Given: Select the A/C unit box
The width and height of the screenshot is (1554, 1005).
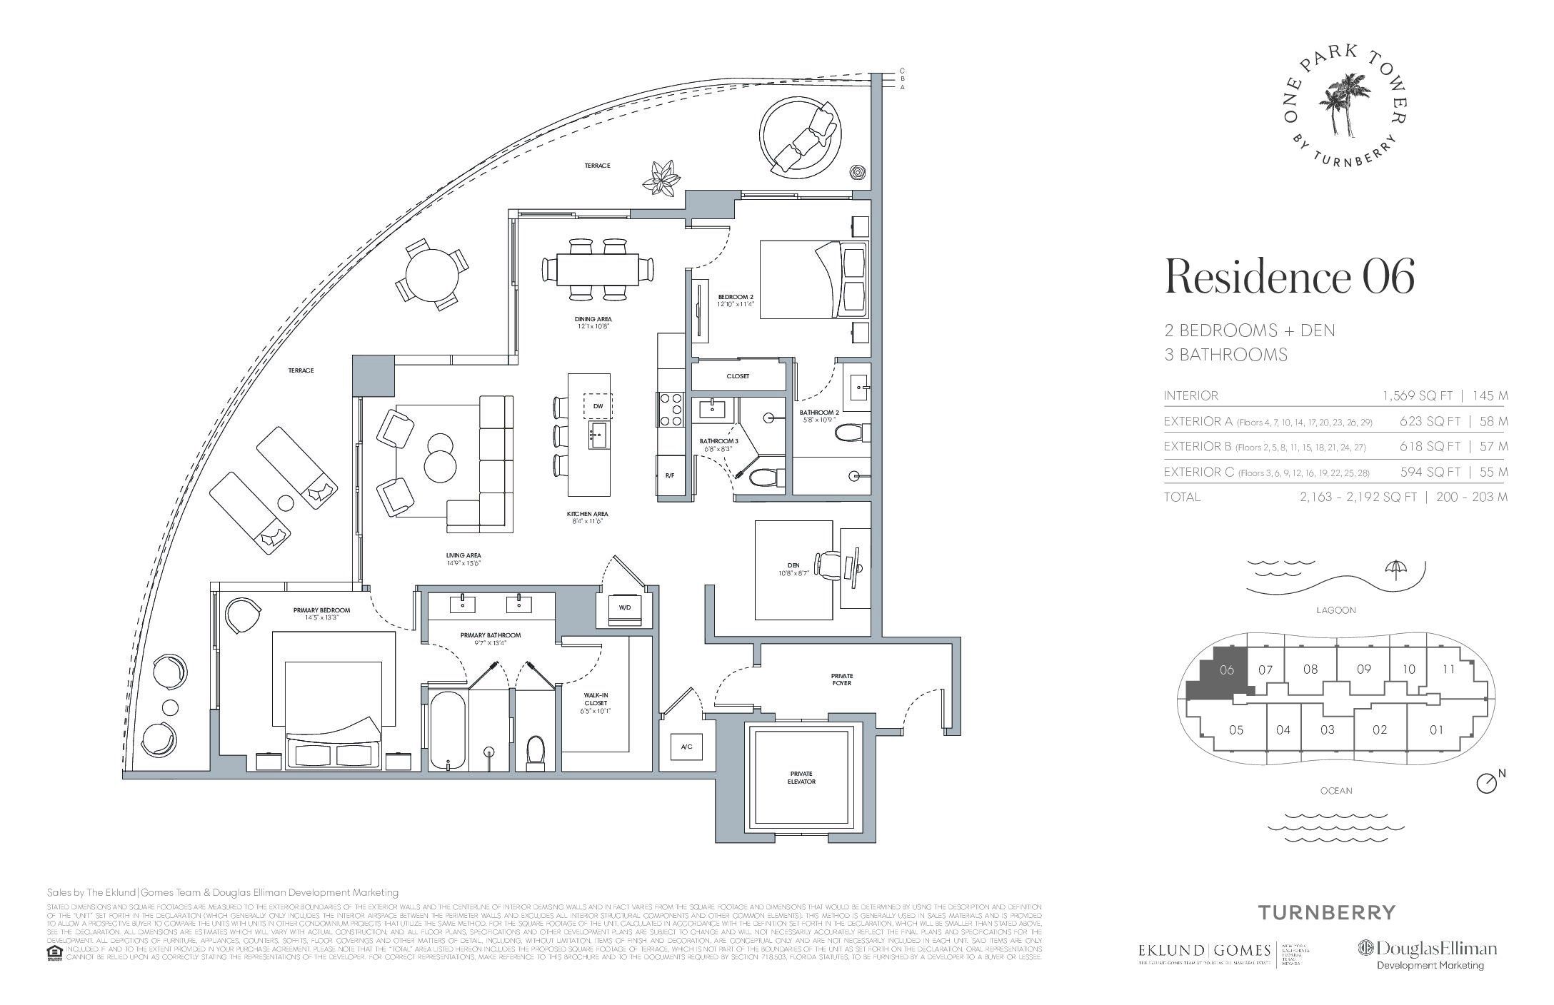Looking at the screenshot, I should tap(686, 747).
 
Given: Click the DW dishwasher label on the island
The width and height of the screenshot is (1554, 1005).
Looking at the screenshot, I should tap(598, 406).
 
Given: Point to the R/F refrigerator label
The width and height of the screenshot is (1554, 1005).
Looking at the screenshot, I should tap(669, 475).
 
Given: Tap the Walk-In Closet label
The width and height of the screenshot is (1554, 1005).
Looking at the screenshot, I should tap(595, 702).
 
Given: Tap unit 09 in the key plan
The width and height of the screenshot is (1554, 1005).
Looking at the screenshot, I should tap(1363, 670).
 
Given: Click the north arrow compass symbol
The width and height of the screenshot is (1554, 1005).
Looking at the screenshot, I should tap(1486, 783).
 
